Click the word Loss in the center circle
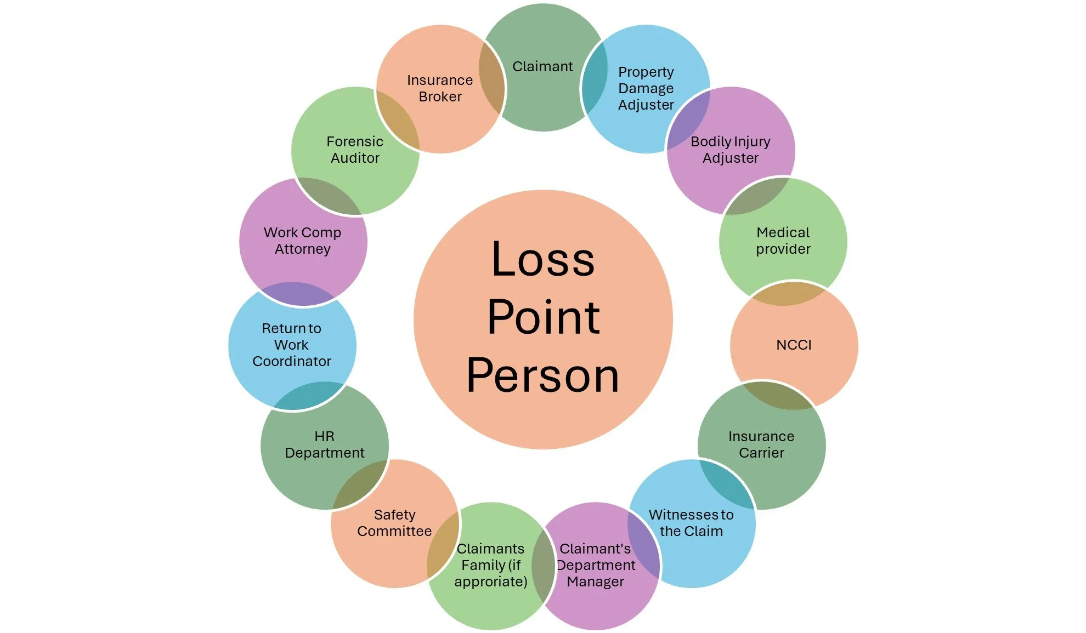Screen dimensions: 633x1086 point(543,259)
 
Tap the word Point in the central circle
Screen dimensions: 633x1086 point(543,317)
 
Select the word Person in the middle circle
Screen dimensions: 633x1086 point(543,376)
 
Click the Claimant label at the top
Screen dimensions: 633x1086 point(542,66)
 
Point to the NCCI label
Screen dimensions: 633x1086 point(794,345)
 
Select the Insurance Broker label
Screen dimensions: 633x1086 point(440,88)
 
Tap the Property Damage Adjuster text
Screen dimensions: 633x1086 point(646,88)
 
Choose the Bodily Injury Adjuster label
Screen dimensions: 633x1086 point(731,150)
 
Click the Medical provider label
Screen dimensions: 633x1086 point(783,241)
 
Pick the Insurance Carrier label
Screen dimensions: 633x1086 point(761,444)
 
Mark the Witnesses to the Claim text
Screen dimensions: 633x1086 point(691,523)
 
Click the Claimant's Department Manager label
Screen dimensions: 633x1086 point(596,565)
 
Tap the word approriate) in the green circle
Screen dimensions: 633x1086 point(491,581)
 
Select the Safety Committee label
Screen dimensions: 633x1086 point(394,523)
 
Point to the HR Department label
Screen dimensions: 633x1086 point(324,444)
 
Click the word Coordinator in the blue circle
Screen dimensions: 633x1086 point(292,361)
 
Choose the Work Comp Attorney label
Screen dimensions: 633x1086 point(302,241)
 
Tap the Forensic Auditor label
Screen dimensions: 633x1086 point(355,150)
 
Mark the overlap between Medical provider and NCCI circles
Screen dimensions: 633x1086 point(788,294)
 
